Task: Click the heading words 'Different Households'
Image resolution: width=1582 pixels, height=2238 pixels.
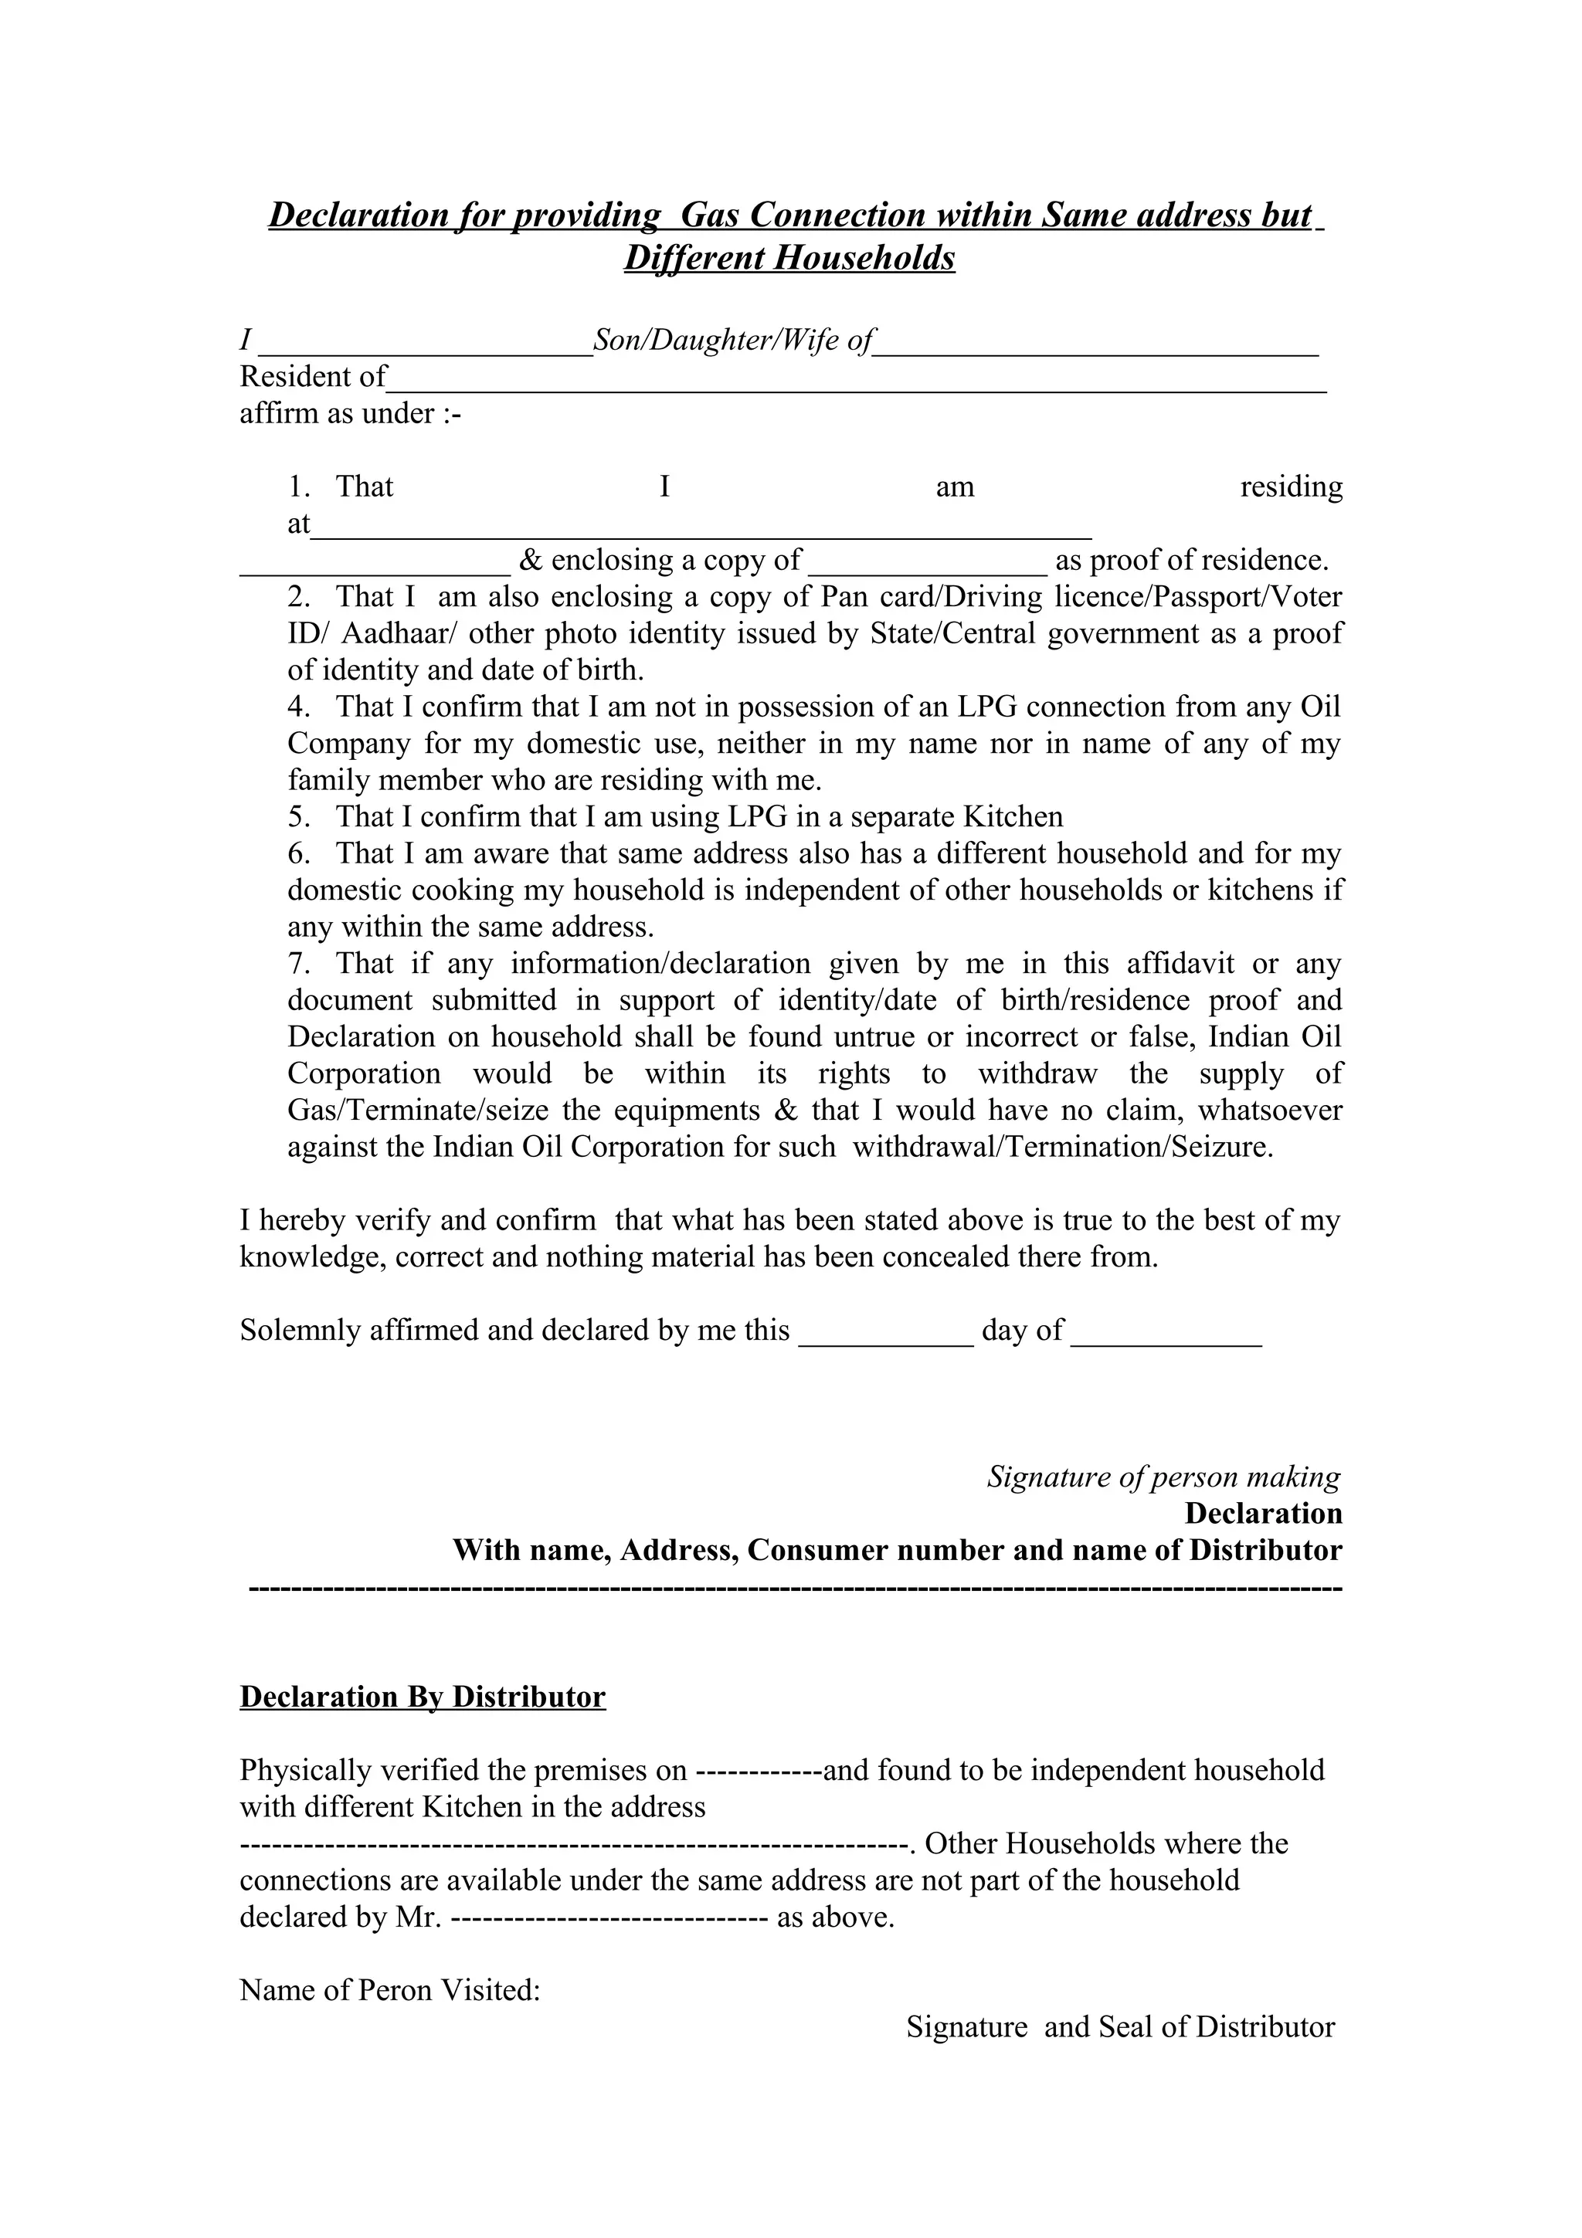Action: point(789,258)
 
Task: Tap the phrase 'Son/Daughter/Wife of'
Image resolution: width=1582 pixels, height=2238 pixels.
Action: point(733,341)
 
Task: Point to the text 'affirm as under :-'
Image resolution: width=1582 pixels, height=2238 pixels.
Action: point(350,414)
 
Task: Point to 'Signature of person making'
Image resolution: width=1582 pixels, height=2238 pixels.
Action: point(1164,1477)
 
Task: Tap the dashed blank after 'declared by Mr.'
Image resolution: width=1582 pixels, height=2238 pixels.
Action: point(611,1918)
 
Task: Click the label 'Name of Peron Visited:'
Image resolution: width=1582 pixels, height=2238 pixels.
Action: point(390,1990)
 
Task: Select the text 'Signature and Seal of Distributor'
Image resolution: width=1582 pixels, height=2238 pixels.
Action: point(1120,2027)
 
